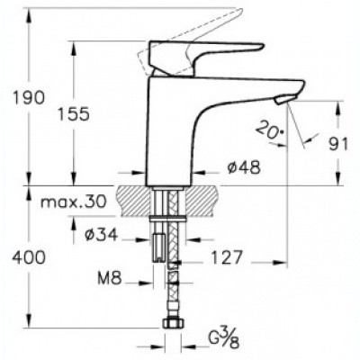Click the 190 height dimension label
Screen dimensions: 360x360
(x=29, y=98)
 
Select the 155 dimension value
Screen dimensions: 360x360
(x=74, y=114)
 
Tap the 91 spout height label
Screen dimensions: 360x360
(x=338, y=144)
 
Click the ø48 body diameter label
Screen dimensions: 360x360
(x=244, y=167)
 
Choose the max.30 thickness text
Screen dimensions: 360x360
(x=74, y=202)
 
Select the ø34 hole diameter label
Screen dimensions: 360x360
(x=101, y=235)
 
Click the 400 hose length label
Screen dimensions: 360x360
(x=29, y=257)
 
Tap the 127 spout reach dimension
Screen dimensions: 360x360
(x=227, y=257)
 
